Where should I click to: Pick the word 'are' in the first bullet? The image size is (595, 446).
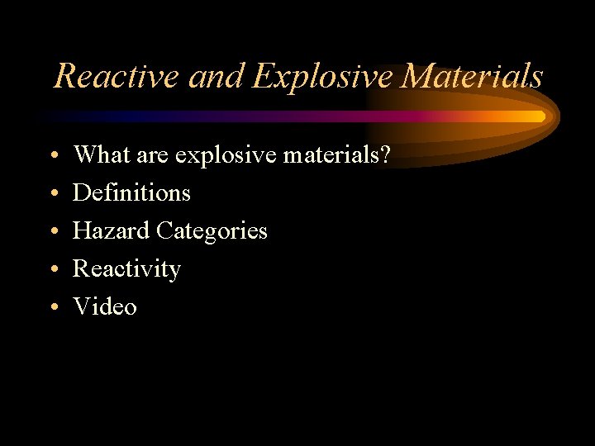(x=156, y=154)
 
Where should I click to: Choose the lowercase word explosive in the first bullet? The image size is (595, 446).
(x=226, y=154)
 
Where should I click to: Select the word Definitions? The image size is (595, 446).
(x=131, y=192)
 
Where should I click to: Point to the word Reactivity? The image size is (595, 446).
(x=126, y=269)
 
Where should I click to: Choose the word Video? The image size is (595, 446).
(x=105, y=306)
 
